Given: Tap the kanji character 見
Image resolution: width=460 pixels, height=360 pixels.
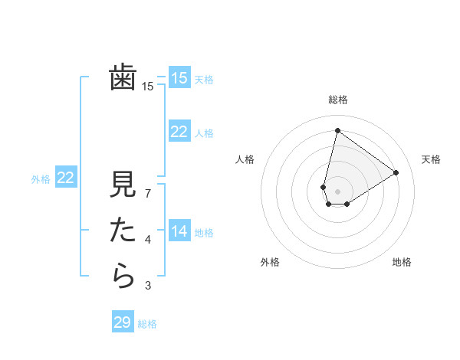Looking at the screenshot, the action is point(123,186).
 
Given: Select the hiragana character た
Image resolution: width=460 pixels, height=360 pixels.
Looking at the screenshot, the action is point(123,231).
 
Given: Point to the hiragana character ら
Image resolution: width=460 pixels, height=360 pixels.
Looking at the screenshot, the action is point(123,276).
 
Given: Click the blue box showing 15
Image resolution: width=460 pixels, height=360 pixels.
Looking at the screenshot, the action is point(179,77).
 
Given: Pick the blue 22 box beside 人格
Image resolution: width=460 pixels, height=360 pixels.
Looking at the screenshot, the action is point(179,132).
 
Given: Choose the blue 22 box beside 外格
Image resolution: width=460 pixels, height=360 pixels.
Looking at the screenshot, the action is point(65,178).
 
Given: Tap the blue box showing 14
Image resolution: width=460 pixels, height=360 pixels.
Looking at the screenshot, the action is point(179,231).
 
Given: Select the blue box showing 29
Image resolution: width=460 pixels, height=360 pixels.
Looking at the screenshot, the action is point(123,322).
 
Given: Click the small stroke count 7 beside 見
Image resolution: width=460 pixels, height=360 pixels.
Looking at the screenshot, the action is point(148,194).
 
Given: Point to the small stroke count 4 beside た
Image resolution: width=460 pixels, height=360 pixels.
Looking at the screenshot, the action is point(148,240).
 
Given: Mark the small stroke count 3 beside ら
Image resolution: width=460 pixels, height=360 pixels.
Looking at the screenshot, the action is point(148,286).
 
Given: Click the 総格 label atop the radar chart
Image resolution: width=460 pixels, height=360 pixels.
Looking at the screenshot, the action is point(338,100).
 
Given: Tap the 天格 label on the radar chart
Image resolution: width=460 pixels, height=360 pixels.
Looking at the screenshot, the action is point(431,159).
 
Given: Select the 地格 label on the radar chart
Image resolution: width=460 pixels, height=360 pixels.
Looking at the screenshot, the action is point(402,262).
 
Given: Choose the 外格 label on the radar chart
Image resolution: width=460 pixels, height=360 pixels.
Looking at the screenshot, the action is point(270,262).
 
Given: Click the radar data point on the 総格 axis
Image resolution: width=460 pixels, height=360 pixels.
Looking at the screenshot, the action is point(337,130).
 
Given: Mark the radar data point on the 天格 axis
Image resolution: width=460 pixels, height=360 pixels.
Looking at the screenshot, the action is point(396,172).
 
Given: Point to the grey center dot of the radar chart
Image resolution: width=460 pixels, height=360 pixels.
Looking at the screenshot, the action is point(337,191).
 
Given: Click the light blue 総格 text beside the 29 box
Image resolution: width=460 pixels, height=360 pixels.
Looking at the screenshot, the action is point(148,324).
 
